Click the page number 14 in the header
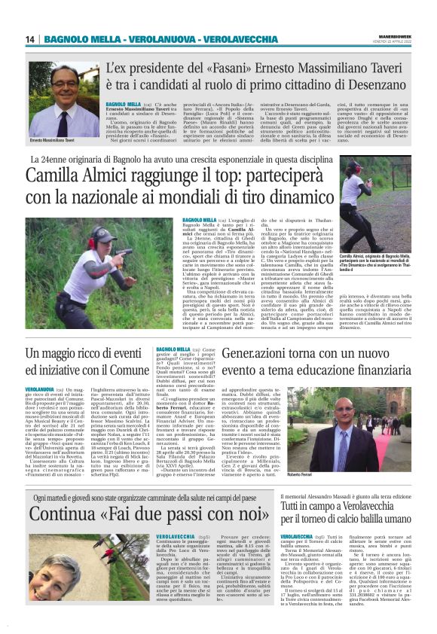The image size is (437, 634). [30, 39]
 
